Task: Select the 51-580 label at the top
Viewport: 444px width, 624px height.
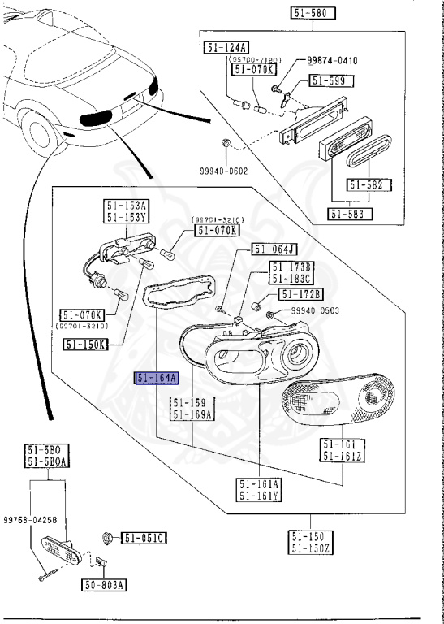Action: (313, 13)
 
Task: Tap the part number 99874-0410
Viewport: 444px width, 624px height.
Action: (333, 61)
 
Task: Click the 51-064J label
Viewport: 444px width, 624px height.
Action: (274, 249)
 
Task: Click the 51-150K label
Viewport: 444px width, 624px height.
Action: (85, 344)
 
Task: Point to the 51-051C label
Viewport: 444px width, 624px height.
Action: (144, 537)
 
